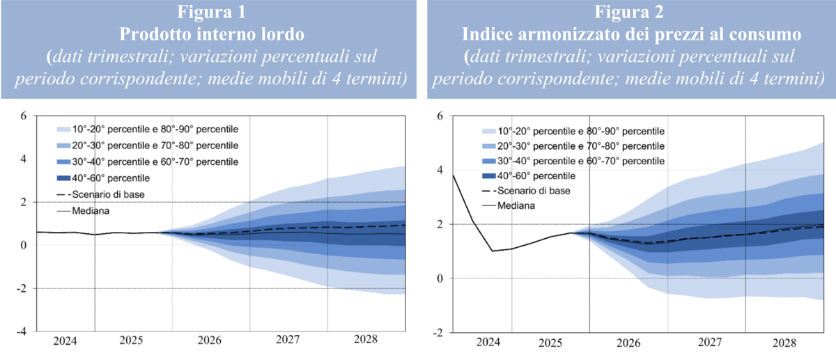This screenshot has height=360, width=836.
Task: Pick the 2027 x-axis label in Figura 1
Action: pyautogui.click(x=288, y=341)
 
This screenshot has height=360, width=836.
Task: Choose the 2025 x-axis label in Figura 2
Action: pyautogui.click(x=550, y=343)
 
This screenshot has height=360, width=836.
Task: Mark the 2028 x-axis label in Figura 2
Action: pyautogui.click(x=785, y=343)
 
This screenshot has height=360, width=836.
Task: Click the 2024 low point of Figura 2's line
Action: pyautogui.click(x=493, y=251)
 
